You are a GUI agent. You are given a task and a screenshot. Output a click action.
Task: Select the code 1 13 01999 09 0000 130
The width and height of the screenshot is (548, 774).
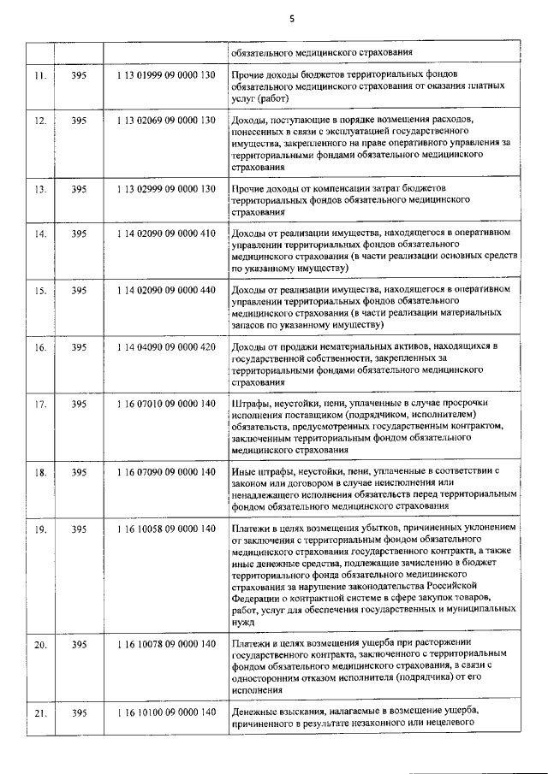click(x=165, y=75)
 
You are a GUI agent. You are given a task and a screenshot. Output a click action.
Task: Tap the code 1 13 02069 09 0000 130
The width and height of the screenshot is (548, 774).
click(x=165, y=121)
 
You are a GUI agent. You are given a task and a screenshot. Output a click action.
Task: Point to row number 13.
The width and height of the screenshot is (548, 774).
click(x=39, y=188)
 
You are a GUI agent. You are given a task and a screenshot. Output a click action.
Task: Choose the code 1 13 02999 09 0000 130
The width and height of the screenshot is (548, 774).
click(x=165, y=188)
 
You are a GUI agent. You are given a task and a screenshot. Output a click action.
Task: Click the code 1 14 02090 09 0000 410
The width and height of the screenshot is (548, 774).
click(x=165, y=233)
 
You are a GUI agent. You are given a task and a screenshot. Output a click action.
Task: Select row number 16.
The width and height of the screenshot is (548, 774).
click(x=39, y=347)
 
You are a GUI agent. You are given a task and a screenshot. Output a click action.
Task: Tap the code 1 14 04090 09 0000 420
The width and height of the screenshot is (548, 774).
click(x=165, y=347)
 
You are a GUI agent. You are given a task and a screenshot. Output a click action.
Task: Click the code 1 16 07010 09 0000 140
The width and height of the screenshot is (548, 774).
click(x=165, y=404)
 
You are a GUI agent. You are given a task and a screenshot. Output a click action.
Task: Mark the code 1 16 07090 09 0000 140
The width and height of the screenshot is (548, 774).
click(x=165, y=471)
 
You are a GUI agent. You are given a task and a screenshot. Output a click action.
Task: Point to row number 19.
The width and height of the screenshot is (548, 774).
click(x=39, y=529)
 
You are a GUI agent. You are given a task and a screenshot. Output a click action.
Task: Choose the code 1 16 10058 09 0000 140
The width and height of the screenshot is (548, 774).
click(x=165, y=529)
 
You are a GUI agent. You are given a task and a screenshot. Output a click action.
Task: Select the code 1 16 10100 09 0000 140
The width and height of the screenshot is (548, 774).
click(x=165, y=712)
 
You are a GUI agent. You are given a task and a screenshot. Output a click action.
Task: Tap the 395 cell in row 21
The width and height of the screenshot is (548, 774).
click(x=79, y=712)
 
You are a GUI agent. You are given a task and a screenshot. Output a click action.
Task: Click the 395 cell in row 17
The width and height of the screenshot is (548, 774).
click(x=79, y=404)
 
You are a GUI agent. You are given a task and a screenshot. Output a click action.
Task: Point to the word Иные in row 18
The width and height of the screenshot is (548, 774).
click(x=244, y=471)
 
